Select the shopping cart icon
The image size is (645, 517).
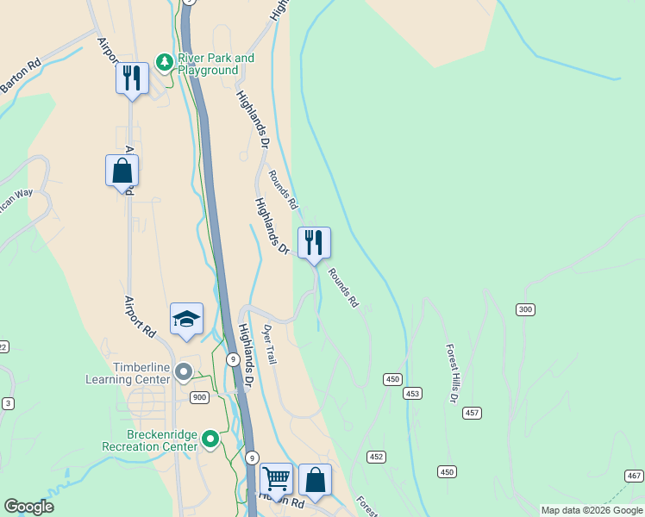[276, 479]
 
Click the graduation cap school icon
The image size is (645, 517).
[186, 319]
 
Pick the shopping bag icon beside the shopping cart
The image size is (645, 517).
[316, 479]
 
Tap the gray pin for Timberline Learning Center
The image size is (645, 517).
[183, 372]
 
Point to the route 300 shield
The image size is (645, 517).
[524, 309]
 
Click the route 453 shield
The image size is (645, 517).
[412, 393]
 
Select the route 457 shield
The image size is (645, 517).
[472, 413]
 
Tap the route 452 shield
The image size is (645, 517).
[376, 456]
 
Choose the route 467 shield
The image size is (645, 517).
[634, 476]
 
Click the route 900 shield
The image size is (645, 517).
[199, 397]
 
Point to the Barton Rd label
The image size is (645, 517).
[21, 68]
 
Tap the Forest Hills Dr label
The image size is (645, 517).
[451, 373]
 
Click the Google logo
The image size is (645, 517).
[28, 507]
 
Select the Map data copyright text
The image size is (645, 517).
[592, 510]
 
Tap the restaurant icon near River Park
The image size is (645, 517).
[132, 78]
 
